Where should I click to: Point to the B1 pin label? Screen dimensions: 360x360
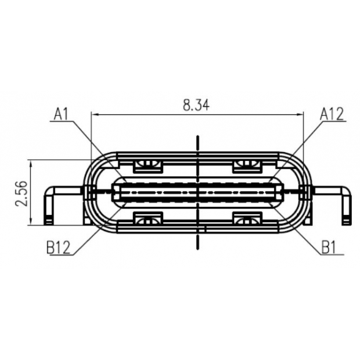(329, 249)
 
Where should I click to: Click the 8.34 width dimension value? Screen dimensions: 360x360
(196, 105)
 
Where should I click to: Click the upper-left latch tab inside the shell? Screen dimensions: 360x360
(147, 166)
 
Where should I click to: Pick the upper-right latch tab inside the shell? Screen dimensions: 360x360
(247, 166)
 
